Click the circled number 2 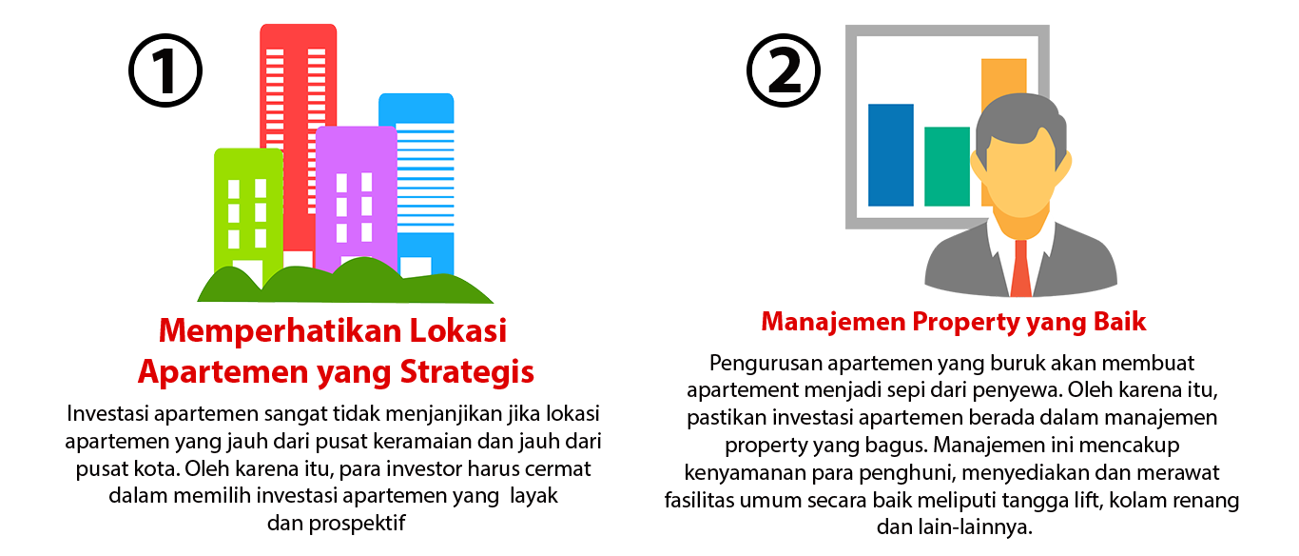click(x=785, y=69)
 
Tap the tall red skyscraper click(x=298, y=95)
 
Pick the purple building click(x=355, y=190)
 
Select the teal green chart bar click(x=946, y=166)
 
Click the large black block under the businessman click(x=951, y=428)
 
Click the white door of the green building click(x=247, y=272)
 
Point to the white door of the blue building click(x=415, y=266)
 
